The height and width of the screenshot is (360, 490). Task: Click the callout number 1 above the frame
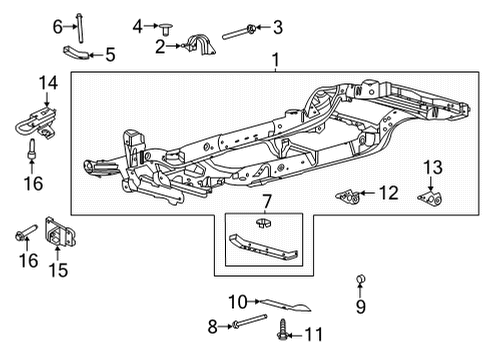point(275,62)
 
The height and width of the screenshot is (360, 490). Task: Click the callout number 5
point(110,55)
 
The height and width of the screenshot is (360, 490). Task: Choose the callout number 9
point(361,307)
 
